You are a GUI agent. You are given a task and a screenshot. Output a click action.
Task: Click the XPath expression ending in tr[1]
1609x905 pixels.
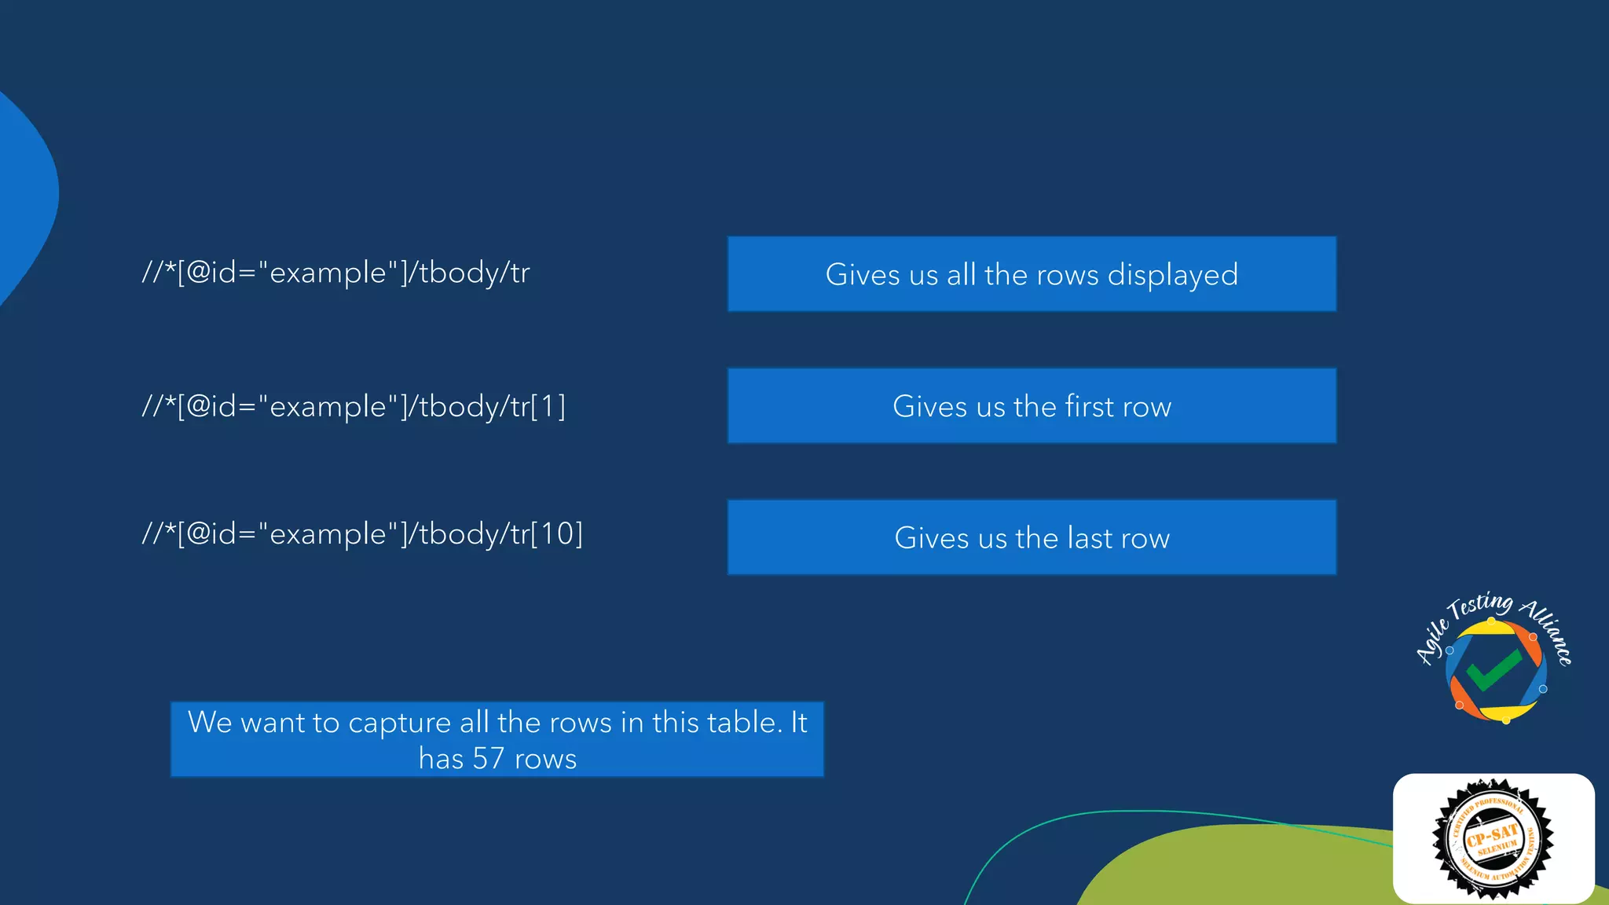click(354, 407)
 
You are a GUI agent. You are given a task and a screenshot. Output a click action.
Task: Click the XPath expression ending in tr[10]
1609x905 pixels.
click(362, 534)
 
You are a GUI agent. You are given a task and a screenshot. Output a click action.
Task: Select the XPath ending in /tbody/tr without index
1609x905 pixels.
click(335, 273)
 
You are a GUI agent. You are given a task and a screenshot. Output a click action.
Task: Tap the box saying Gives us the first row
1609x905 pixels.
click(1032, 406)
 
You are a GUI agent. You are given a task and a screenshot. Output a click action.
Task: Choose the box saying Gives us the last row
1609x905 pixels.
click(1032, 538)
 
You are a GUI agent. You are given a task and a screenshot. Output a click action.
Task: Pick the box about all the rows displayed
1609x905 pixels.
click(1032, 274)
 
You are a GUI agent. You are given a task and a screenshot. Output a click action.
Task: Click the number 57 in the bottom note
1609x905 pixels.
click(488, 759)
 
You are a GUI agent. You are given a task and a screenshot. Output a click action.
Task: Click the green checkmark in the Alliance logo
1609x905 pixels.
click(1493, 669)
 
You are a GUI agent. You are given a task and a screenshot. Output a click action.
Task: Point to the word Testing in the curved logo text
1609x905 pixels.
click(1481, 606)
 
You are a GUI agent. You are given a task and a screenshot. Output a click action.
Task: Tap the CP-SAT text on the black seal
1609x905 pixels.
click(1492, 834)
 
